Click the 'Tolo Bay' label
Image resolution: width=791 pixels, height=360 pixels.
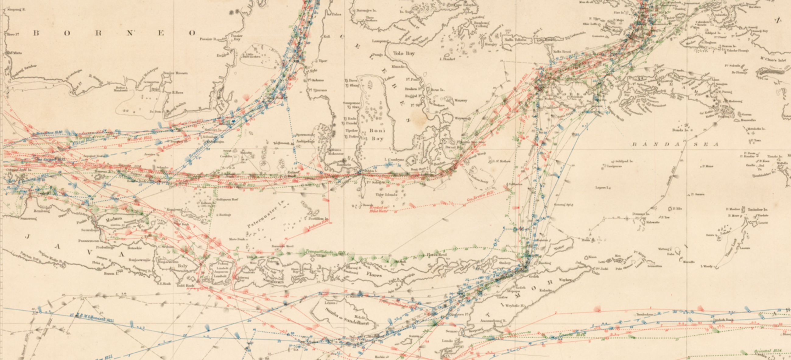404,53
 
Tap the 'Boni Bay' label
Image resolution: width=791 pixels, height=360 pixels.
377,135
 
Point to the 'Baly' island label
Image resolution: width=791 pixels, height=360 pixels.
182,266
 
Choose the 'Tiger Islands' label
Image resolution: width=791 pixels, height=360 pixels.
387,194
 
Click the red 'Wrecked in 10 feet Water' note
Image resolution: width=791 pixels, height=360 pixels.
379,209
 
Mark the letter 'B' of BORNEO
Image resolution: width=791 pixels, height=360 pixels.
36,33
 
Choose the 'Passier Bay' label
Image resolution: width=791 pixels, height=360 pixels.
236,37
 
